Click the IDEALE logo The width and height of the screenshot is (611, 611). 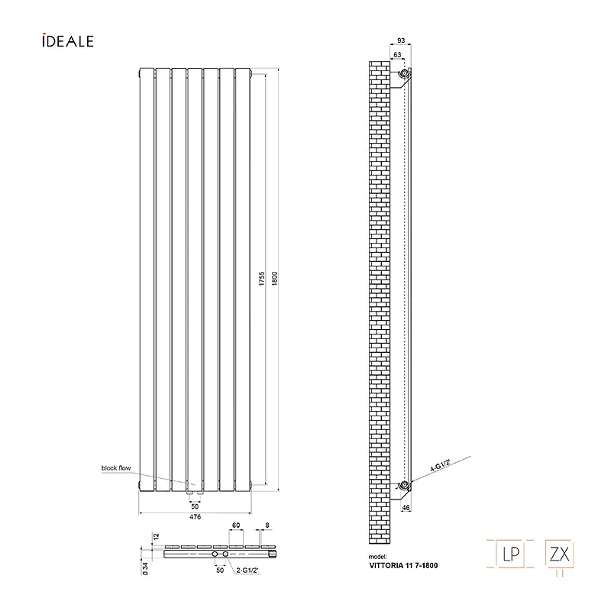tap(68, 41)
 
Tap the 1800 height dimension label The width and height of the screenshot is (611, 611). tap(275, 279)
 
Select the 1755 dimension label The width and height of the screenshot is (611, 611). tap(262, 279)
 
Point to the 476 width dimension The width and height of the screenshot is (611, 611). tap(195, 517)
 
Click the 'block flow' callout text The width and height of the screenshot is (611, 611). tap(116, 468)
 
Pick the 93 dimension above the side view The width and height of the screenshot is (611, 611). tap(401, 40)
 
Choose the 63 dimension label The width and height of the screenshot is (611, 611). tap(397, 55)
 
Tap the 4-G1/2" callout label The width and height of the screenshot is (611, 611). tap(441, 466)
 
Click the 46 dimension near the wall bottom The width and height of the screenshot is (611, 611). tap(406, 508)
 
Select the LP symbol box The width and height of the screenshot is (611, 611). tap(509, 554)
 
